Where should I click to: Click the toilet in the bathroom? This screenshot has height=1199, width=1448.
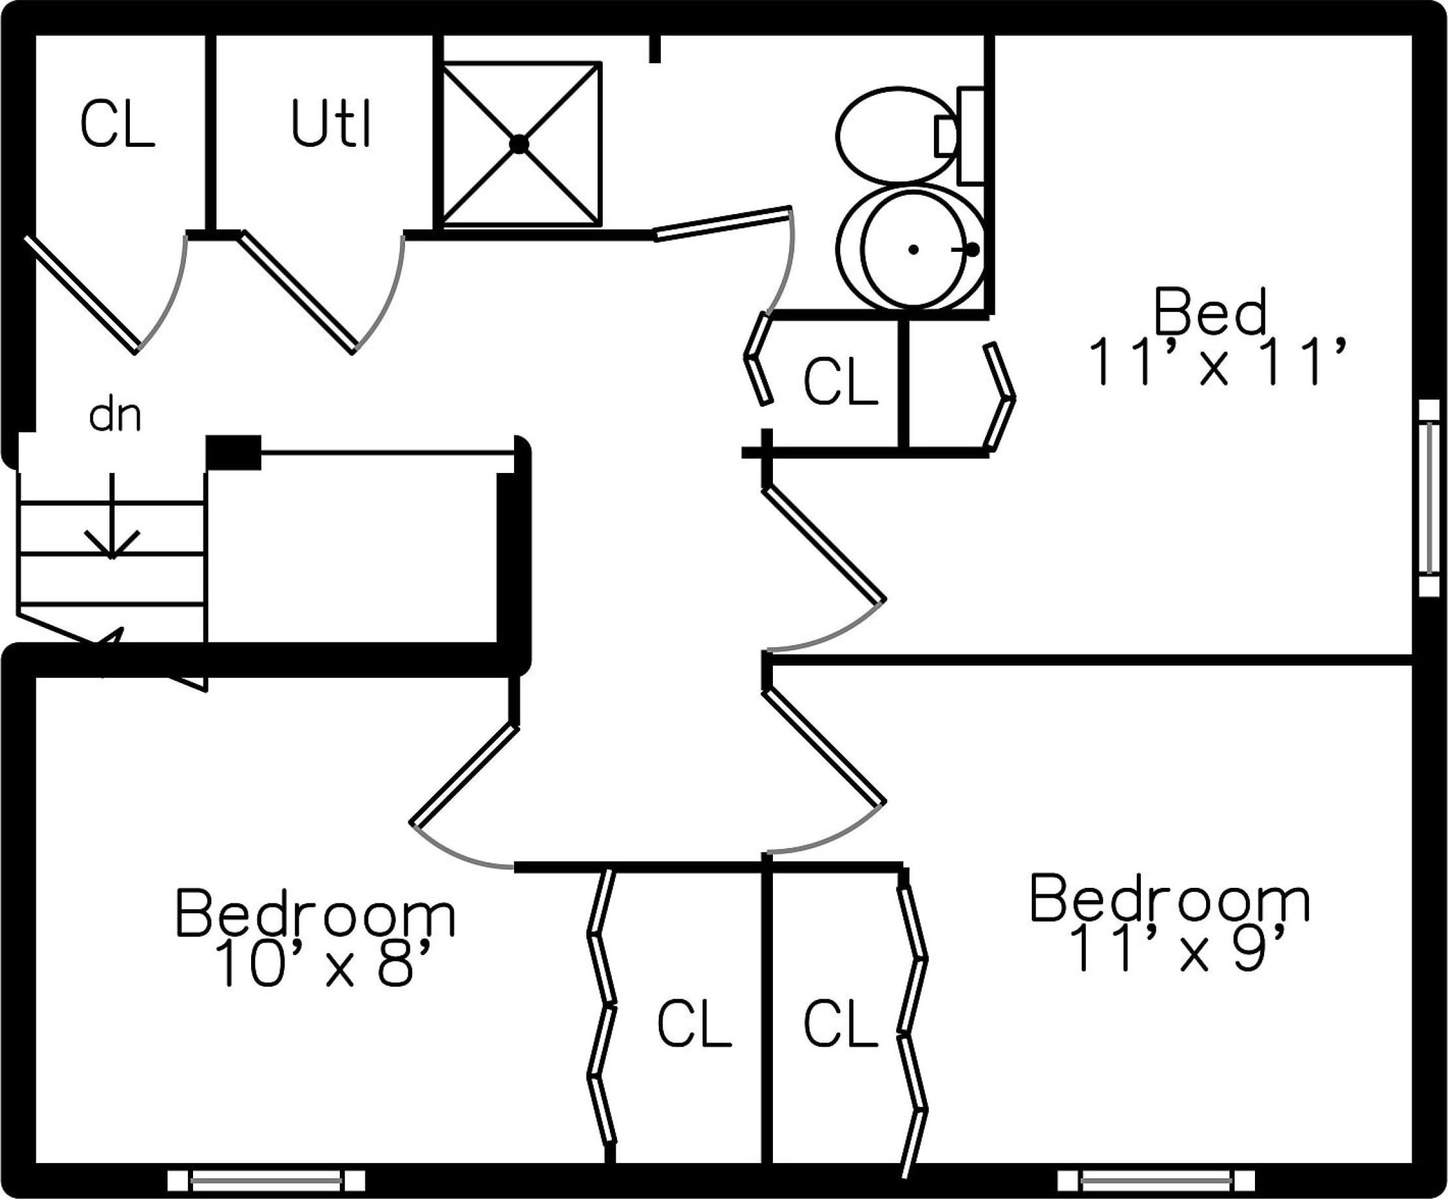(x=896, y=136)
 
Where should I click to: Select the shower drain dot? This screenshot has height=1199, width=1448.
(x=519, y=144)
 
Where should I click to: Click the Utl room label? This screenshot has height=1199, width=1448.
(x=331, y=124)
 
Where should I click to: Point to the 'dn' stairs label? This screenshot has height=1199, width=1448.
(x=115, y=416)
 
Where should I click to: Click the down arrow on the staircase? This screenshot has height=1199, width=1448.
(x=112, y=524)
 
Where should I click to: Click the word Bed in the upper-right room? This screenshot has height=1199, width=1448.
(x=1210, y=312)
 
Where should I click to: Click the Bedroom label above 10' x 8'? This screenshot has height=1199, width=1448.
(x=316, y=913)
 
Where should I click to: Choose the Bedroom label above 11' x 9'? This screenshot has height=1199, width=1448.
(x=1169, y=899)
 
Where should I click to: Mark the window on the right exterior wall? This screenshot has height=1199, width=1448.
(x=1428, y=498)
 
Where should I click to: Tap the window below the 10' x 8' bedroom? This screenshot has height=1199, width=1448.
(x=266, y=1180)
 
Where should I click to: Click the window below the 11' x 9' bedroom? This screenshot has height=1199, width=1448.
(x=1156, y=1180)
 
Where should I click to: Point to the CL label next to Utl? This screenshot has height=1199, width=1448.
(x=117, y=124)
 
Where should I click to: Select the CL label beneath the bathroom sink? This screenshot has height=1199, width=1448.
(x=841, y=380)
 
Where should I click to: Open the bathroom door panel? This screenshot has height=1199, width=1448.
(x=722, y=223)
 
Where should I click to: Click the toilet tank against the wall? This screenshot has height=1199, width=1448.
(x=971, y=136)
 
